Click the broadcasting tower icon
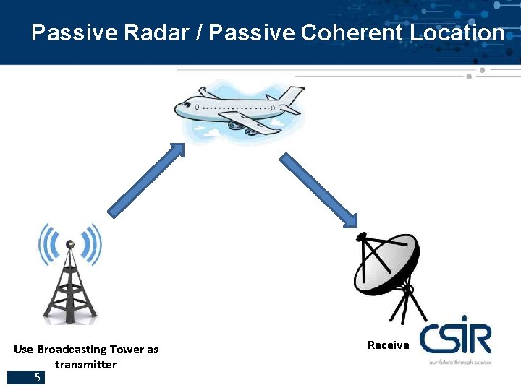click(70, 282)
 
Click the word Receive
click(388, 345)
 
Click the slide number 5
click(37, 377)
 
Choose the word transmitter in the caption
click(85, 365)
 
